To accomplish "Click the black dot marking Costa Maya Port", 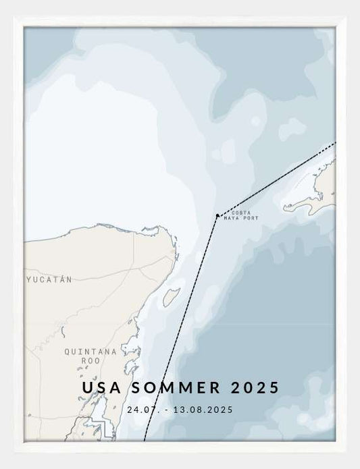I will coord(217,216).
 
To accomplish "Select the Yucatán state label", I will coord(49,279).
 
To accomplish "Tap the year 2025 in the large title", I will coord(255,388).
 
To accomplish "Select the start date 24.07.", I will coord(139,409).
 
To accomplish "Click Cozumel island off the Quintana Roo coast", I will coord(171,297).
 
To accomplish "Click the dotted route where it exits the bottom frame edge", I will coord(145,440).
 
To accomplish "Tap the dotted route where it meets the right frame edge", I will coord(334,144).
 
